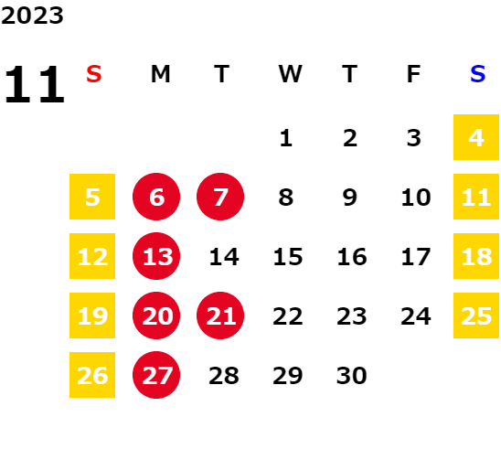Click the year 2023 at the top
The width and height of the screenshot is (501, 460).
(32, 16)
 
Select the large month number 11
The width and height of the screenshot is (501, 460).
(35, 84)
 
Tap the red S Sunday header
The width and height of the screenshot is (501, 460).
(94, 74)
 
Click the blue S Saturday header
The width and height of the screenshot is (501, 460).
(477, 74)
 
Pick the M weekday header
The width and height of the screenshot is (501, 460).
(160, 74)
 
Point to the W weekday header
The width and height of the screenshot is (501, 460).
(290, 74)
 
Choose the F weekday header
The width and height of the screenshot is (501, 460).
(413, 74)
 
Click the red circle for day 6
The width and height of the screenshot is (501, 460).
(156, 197)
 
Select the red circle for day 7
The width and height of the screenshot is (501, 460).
(220, 197)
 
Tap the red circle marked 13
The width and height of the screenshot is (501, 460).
(156, 256)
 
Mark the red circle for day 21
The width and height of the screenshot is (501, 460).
(220, 316)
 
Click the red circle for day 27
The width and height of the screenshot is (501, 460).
(156, 375)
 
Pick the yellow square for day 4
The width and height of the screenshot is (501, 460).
(476, 137)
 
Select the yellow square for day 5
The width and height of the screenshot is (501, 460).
(92, 197)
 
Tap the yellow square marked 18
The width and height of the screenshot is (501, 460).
(476, 256)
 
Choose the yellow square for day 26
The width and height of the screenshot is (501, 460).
(92, 375)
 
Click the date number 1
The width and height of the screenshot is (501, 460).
(285, 138)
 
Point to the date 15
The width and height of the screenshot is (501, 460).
(288, 257)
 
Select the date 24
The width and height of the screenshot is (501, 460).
(416, 316)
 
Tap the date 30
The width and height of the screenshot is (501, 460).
(351, 376)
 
